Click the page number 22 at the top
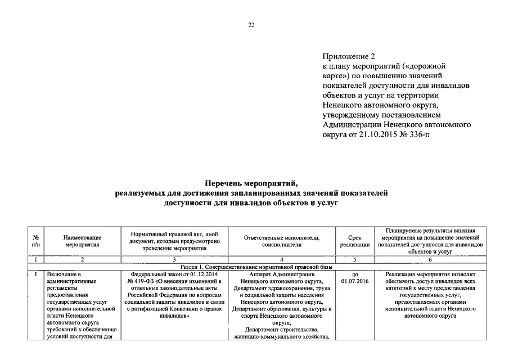point(251,24)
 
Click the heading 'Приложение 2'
point(349,56)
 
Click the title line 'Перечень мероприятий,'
point(250,183)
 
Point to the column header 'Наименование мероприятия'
point(82,241)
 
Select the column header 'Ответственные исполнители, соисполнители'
point(281,241)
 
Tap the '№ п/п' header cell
point(36,241)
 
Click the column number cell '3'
point(174,259)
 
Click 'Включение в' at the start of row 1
point(64,274)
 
